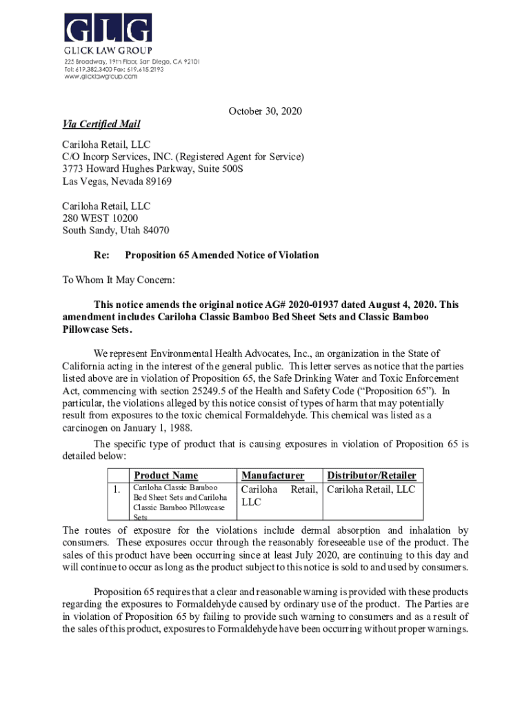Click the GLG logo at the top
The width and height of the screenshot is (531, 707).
108,29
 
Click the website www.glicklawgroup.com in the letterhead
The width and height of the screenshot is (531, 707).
101,77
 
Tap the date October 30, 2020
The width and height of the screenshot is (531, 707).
265,111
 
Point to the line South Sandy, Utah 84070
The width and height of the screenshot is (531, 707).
116,230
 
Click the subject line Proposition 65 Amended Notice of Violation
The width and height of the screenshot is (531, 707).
221,255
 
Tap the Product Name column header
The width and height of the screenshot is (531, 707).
166,475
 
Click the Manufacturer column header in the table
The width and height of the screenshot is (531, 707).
273,475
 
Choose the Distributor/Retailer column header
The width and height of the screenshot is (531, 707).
371,475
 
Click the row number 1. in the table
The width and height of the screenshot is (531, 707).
118,490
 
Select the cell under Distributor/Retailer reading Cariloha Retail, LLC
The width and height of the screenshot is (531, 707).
371,490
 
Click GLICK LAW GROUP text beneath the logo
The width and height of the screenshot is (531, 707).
108,50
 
